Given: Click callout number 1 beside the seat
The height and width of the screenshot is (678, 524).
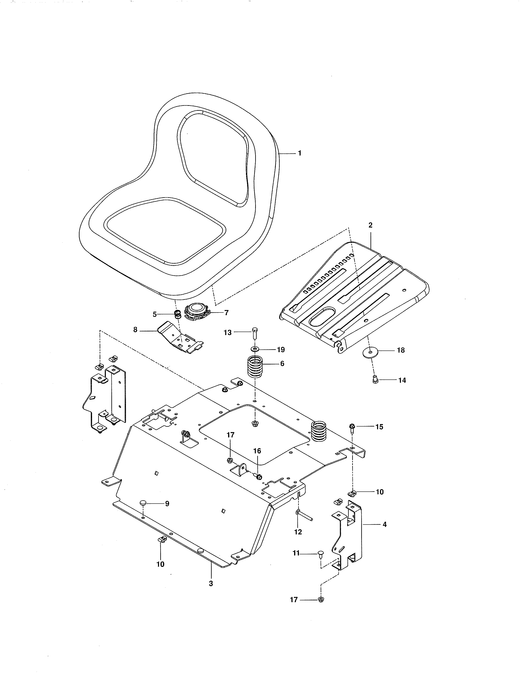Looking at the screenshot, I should [300, 153].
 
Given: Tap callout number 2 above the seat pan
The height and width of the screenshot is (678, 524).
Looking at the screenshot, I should [370, 225].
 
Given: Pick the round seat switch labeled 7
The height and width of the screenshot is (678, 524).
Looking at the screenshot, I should [196, 311].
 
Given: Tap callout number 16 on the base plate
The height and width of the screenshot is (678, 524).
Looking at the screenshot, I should [257, 451].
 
